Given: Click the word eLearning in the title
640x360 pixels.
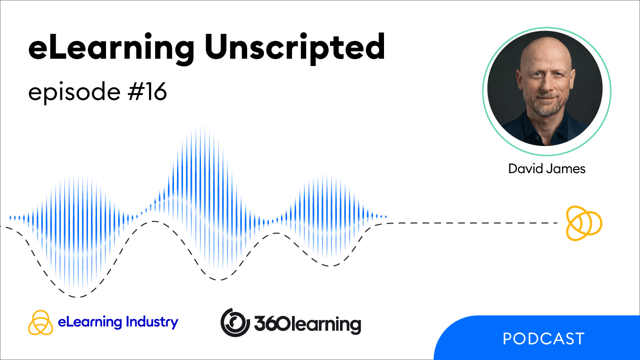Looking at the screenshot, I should (x=111, y=48).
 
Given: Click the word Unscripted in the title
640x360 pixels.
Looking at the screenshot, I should (x=295, y=48).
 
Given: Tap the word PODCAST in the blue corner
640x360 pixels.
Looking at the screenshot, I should (x=543, y=338).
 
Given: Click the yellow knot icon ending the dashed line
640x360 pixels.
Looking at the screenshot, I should (x=584, y=223).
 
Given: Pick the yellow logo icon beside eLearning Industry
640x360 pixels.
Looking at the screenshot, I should (x=40, y=322).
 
